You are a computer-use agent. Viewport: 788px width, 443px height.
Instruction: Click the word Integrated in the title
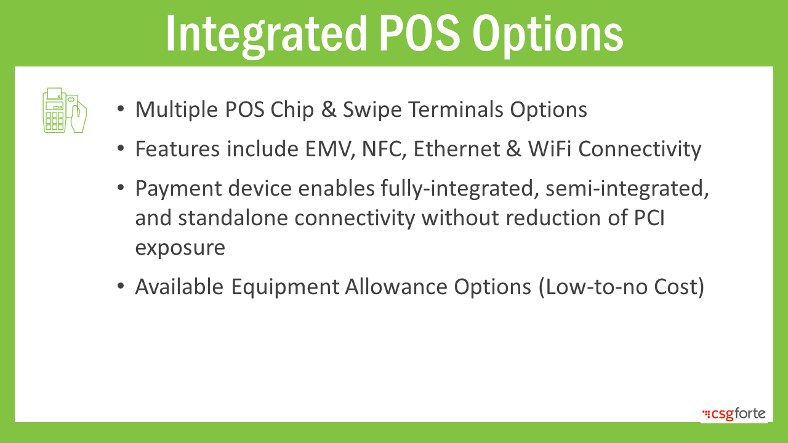pyautogui.click(x=267, y=34)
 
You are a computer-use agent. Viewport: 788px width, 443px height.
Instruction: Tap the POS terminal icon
pyautogui.click(x=65, y=110)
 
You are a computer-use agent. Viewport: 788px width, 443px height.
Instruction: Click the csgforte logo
pyautogui.click(x=734, y=414)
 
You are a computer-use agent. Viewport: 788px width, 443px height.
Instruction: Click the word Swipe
pyautogui.click(x=372, y=110)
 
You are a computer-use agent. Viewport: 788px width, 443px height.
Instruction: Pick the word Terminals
pyautogui.click(x=456, y=110)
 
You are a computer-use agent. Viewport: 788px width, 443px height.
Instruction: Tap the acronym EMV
pyautogui.click(x=330, y=149)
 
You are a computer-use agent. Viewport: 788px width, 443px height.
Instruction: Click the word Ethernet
pyautogui.click(x=457, y=149)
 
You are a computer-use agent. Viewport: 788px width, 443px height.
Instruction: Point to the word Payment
pyautogui.click(x=179, y=189)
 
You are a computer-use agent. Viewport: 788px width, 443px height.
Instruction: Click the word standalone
pyautogui.click(x=233, y=218)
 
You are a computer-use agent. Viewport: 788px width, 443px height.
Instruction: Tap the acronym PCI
pyautogui.click(x=649, y=218)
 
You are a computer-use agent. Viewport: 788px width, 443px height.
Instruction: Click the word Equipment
pyautogui.click(x=285, y=287)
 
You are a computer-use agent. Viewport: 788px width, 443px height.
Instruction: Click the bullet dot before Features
pyautogui.click(x=121, y=148)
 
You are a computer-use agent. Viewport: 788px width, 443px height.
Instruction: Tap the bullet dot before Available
pyautogui.click(x=121, y=286)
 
